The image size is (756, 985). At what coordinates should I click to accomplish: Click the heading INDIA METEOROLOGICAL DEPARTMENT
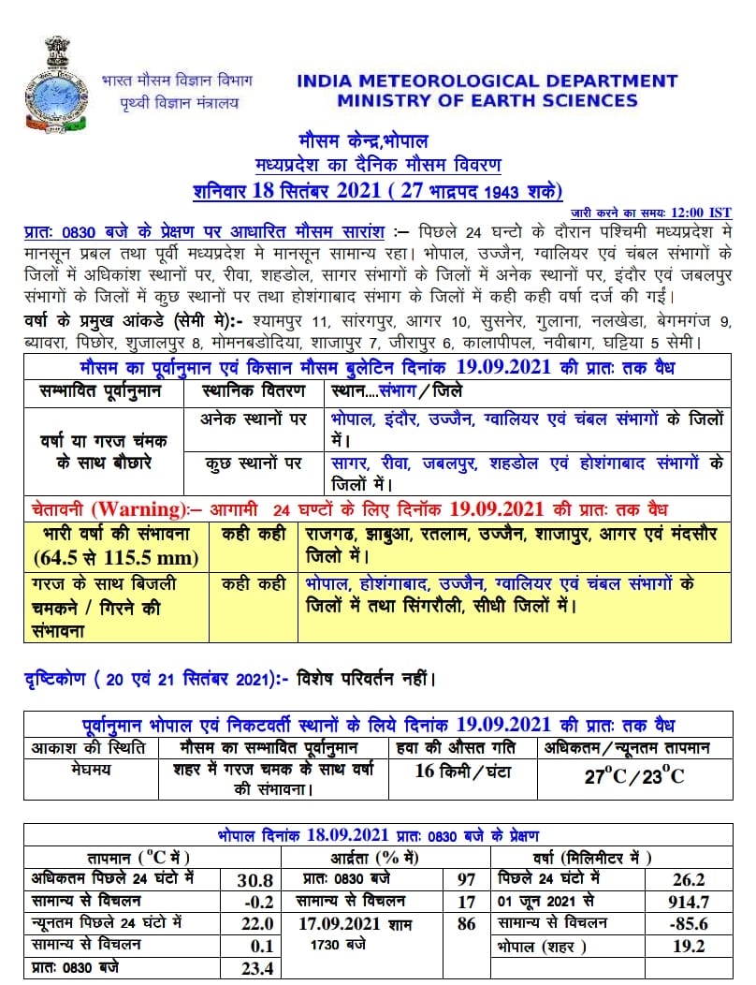487,81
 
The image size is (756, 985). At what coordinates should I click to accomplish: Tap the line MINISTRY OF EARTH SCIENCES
487,101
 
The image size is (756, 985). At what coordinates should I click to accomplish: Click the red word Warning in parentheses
141,510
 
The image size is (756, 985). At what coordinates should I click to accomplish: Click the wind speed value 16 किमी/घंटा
463,772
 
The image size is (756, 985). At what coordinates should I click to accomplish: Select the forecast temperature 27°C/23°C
634,776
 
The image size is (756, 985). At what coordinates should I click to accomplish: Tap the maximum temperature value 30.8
255,880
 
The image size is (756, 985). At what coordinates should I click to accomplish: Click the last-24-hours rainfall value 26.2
688,880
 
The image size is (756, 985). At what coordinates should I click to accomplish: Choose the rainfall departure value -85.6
690,924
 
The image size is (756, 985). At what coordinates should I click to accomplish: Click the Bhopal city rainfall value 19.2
690,947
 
